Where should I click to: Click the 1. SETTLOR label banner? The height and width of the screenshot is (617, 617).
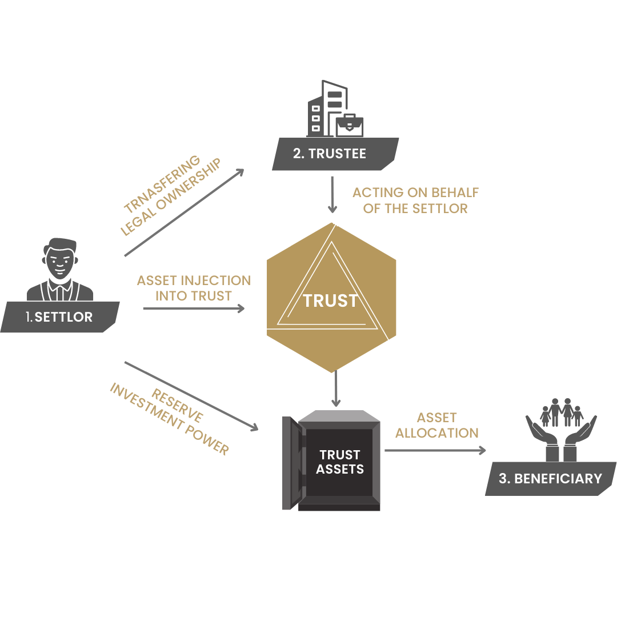pos(59,317)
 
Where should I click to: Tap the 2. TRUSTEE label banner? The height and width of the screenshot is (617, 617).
pos(334,154)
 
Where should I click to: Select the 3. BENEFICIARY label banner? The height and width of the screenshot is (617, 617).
pos(550,479)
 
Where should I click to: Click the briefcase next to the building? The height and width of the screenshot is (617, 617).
pos(350,125)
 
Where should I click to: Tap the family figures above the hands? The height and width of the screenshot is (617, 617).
pos(561,412)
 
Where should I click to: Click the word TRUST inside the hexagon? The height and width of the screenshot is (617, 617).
pos(330,301)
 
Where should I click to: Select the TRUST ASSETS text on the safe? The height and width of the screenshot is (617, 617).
pos(340,462)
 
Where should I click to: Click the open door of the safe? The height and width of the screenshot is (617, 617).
pos(293,463)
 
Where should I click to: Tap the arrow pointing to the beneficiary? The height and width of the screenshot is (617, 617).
pos(434,450)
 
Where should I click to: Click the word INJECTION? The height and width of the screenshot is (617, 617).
pos(217,281)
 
